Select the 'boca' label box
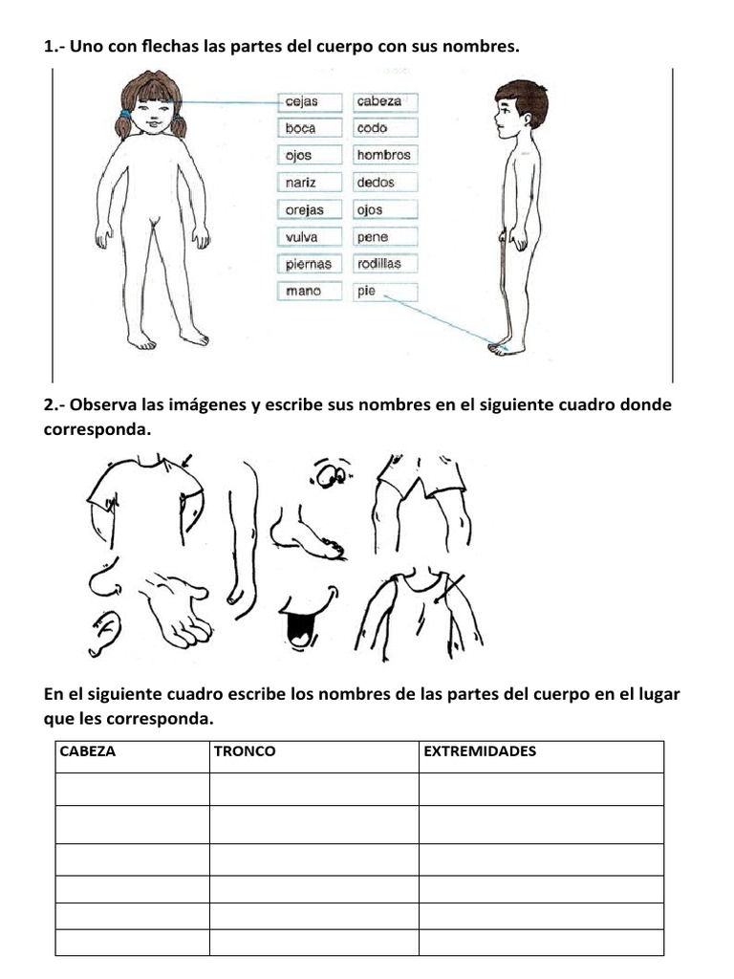300,128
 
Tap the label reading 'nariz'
300,183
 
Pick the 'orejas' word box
304,210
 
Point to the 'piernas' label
308,264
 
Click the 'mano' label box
303,292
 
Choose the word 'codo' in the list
373,128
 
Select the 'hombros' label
383,155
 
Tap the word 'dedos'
376,183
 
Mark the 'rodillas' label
379,264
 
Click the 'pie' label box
367,292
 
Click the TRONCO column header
245,751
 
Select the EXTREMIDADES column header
480,751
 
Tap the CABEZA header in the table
88,751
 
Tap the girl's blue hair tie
126,114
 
